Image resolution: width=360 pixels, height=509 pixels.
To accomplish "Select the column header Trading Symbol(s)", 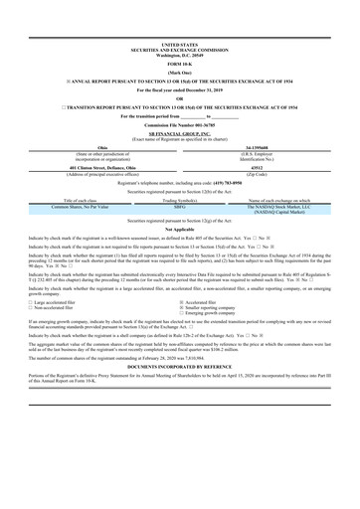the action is tap(179, 200).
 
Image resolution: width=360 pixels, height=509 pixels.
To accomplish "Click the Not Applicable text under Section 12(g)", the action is tap(179, 229).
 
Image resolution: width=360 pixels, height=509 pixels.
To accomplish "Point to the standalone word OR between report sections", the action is tap(179, 97).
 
